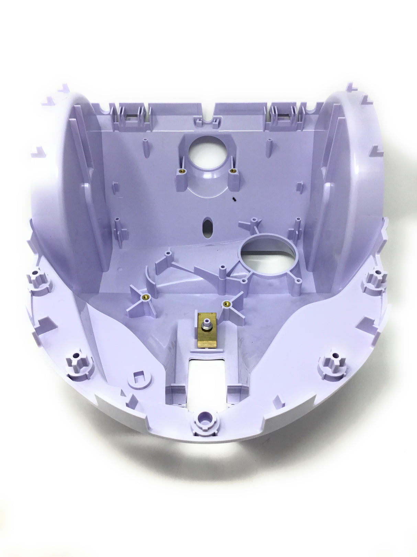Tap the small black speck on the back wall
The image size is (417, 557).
click(x=234, y=199)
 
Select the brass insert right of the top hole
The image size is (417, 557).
click(x=233, y=171)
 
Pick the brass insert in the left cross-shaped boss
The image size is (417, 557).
click(x=147, y=296)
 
